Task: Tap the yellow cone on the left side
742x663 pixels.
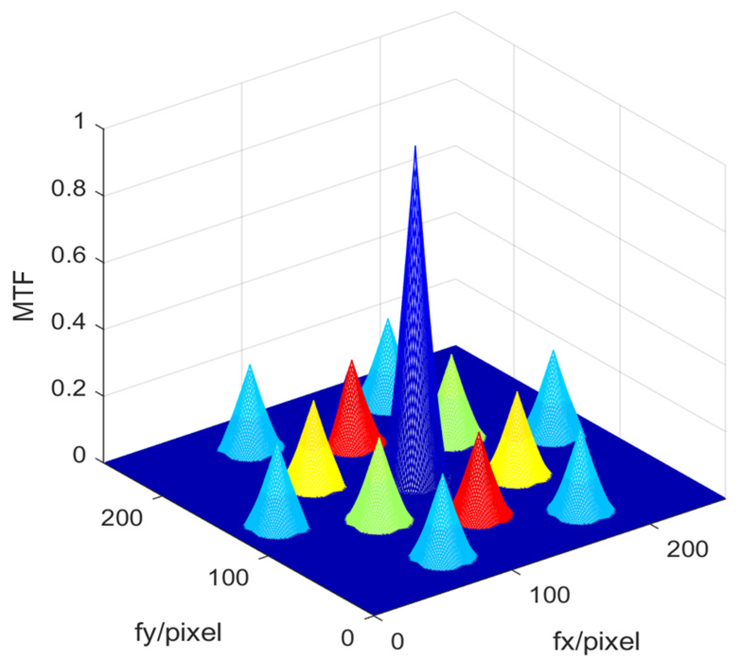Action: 313,454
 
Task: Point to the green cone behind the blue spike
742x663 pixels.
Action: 454,407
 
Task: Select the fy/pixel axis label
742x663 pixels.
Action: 178,632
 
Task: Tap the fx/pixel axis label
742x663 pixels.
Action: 596,642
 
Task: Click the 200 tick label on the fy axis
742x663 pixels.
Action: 122,518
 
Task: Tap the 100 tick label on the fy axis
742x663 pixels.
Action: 228,578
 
